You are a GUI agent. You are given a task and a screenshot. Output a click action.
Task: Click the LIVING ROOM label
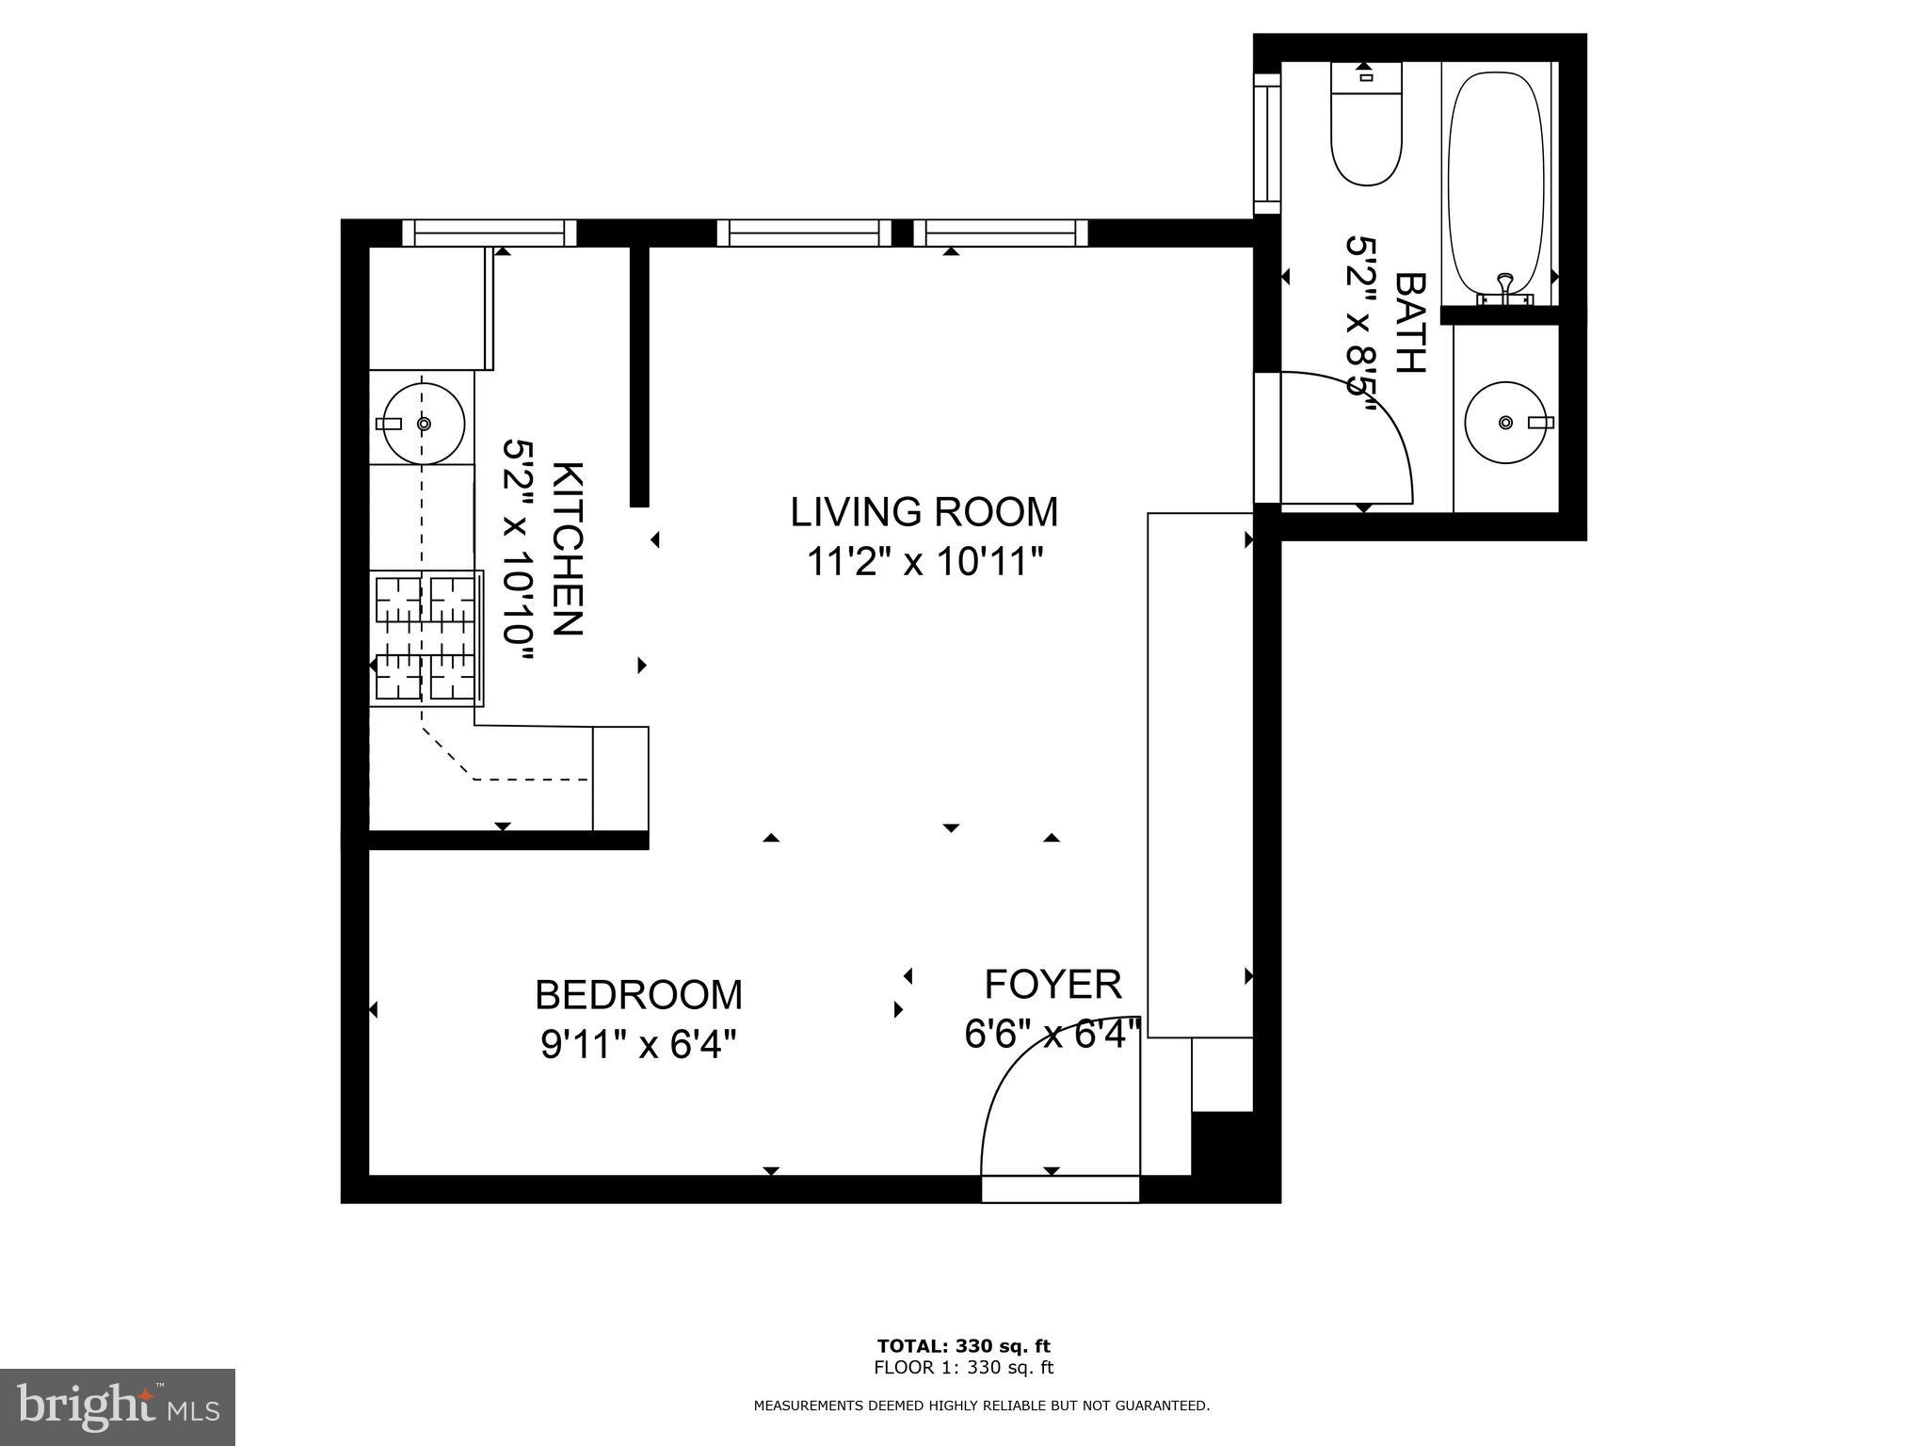(924, 512)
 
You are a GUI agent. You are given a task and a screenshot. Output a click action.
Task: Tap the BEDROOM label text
(638, 995)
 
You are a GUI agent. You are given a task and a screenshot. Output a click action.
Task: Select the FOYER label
(1052, 985)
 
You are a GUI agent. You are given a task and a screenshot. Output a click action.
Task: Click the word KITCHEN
(567, 549)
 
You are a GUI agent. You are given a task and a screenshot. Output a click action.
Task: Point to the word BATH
(1409, 323)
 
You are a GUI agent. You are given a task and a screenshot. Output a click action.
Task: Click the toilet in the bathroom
(1366, 123)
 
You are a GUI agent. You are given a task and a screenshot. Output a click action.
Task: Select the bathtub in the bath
(1496, 184)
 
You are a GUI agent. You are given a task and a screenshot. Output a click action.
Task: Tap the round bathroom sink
(1506, 422)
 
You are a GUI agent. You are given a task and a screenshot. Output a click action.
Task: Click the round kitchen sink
(424, 424)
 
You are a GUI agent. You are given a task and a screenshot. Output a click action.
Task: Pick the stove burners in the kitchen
(426, 638)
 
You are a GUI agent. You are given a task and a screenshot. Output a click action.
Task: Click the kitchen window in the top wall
(490, 233)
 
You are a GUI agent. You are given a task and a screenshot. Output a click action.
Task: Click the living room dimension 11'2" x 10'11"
(924, 563)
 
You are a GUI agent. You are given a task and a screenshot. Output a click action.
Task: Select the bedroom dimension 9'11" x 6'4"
(638, 1045)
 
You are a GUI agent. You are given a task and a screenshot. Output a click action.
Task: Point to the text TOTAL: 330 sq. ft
(963, 1346)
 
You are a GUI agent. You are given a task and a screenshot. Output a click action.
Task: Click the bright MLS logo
(119, 1406)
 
